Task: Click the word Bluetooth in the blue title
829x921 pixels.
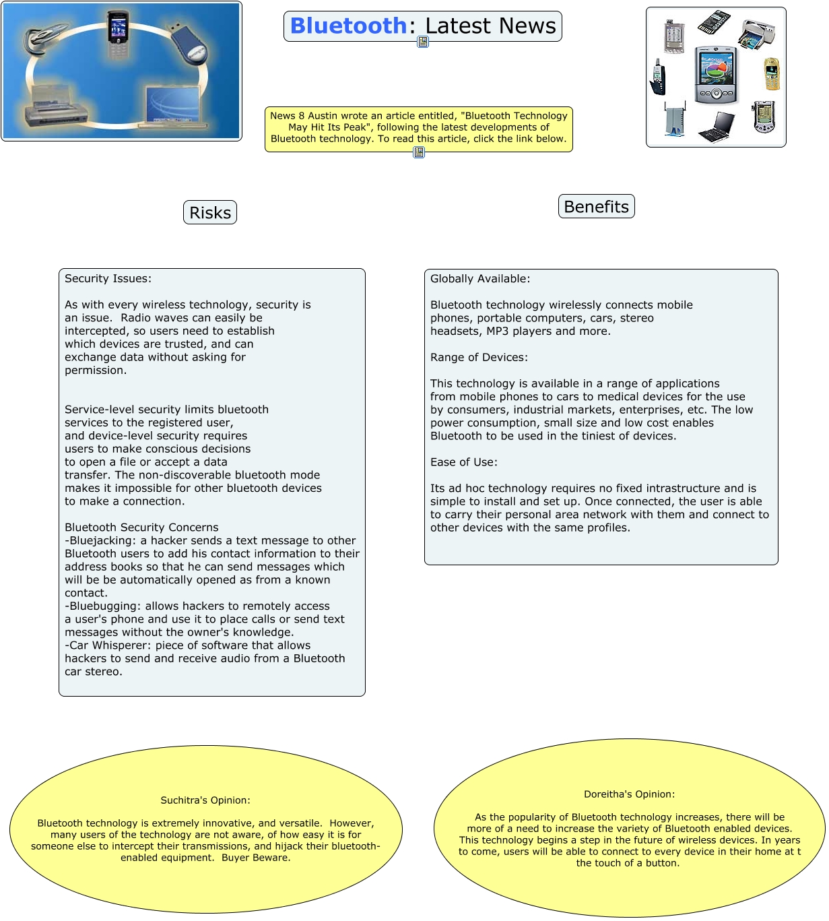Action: (347, 26)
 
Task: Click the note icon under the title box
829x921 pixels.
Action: (423, 42)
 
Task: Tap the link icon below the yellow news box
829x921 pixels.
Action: (419, 153)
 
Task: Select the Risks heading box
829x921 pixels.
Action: (210, 213)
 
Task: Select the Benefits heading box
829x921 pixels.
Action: (596, 207)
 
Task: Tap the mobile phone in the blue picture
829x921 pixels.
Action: (117, 34)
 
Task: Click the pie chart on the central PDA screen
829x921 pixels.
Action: (715, 68)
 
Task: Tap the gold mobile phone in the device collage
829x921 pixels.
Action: (772, 75)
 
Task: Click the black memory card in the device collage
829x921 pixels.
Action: (715, 22)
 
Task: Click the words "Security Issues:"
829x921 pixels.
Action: (108, 279)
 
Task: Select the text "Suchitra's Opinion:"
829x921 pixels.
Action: (205, 800)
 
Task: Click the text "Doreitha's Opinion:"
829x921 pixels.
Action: (629, 794)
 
